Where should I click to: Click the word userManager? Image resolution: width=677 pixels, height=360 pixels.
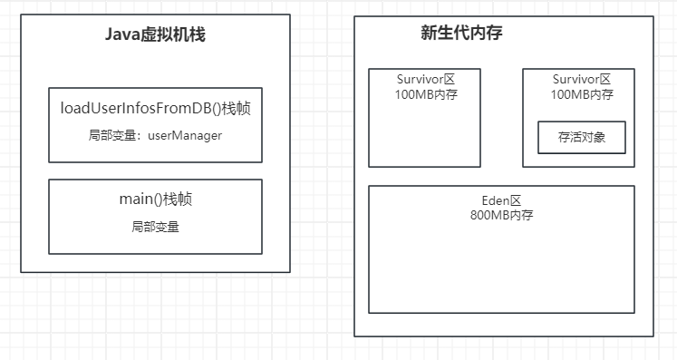(185, 135)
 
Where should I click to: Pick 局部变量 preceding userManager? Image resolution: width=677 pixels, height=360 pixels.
(112, 135)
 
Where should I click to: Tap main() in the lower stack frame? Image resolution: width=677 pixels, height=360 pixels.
(137, 199)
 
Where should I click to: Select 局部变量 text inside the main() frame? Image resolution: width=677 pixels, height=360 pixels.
(155, 227)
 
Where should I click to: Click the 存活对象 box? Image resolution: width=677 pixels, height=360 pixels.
(582, 138)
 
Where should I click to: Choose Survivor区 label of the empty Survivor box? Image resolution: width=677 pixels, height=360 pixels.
(424, 79)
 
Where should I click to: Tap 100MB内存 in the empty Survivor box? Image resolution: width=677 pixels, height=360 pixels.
(424, 94)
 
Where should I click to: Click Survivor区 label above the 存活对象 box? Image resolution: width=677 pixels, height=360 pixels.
(581, 79)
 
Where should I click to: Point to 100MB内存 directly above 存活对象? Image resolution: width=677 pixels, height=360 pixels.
(581, 94)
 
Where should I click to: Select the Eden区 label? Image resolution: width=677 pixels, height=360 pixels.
(501, 200)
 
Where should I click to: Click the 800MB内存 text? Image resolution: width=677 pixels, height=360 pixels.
(501, 216)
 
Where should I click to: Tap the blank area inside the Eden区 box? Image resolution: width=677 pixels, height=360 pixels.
(501, 268)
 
